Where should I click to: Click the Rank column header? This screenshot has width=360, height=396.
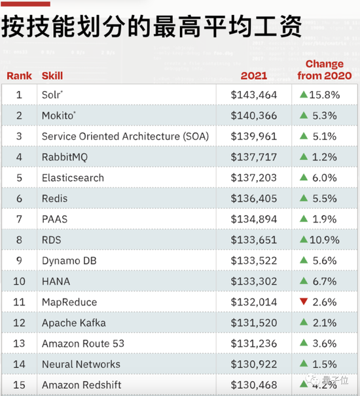[19, 75]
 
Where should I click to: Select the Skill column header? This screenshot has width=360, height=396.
[52, 75]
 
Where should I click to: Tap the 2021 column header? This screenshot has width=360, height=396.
[254, 75]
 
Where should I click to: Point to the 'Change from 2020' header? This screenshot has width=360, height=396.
[324, 69]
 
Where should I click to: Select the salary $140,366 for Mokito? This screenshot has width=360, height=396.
[254, 116]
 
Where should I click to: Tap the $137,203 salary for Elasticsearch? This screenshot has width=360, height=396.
[254, 178]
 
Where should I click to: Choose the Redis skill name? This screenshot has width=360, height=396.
[54, 198]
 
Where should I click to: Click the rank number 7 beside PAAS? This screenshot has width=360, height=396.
[19, 219]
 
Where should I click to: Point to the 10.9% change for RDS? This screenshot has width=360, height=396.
[324, 240]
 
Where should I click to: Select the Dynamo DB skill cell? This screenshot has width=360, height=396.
[69, 261]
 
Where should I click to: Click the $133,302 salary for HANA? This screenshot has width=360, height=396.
[254, 281]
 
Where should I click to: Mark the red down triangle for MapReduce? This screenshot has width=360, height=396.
[304, 302]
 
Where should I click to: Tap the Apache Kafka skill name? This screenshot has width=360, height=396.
[74, 323]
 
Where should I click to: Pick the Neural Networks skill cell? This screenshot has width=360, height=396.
[81, 364]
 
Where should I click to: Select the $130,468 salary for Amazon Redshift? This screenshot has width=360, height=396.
[254, 385]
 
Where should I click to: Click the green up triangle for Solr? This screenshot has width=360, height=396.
[304, 95]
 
